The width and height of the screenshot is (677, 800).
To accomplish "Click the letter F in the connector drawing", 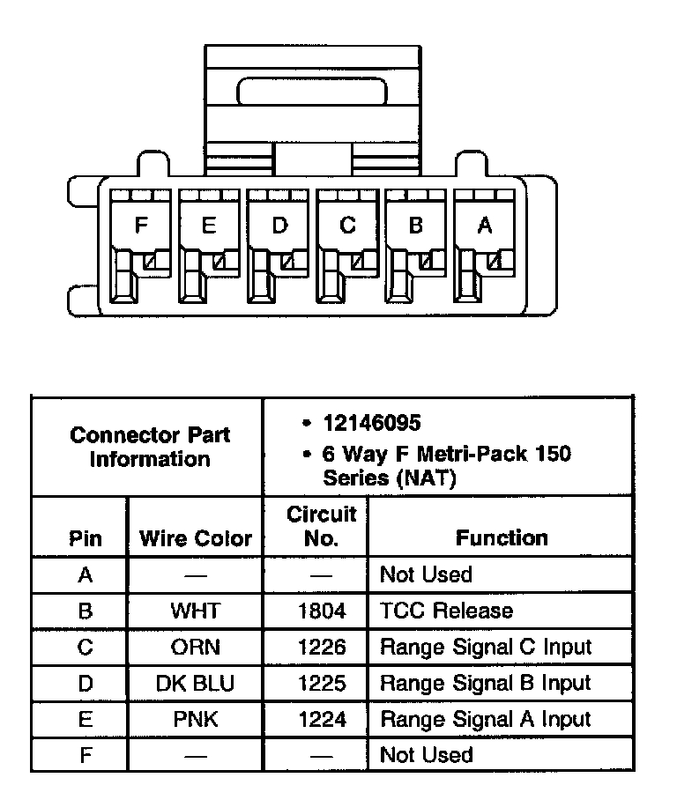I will pyautogui.click(x=141, y=226).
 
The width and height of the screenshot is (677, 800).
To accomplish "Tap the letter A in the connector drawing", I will pyautogui.click(x=484, y=226).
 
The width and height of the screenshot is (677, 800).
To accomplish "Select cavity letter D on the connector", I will pyautogui.click(x=279, y=226).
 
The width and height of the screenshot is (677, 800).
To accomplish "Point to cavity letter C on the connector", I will pyautogui.click(x=347, y=226).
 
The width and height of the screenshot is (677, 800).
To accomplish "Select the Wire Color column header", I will pyautogui.click(x=196, y=538).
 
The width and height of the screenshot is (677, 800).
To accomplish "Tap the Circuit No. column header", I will pyautogui.click(x=321, y=526).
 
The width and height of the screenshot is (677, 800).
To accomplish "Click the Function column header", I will pyautogui.click(x=502, y=537).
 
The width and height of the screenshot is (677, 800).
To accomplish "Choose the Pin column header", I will pyautogui.click(x=85, y=538).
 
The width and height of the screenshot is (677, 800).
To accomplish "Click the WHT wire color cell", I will pyautogui.click(x=196, y=611).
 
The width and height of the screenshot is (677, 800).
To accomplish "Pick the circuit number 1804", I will pyautogui.click(x=322, y=611).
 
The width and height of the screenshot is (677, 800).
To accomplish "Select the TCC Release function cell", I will pyautogui.click(x=446, y=611).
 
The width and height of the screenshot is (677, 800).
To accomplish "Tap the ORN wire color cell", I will pyautogui.click(x=196, y=647).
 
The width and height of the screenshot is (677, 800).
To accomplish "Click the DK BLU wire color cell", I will pyautogui.click(x=196, y=683).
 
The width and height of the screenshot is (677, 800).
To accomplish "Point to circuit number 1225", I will pyautogui.click(x=322, y=683).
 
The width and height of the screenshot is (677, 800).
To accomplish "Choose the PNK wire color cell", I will pyautogui.click(x=196, y=719).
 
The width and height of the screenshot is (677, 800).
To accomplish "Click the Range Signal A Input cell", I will pyautogui.click(x=485, y=719).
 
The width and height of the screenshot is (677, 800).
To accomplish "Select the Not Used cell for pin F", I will pyautogui.click(x=426, y=755).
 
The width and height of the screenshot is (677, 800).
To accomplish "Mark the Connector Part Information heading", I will pyautogui.click(x=150, y=447).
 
